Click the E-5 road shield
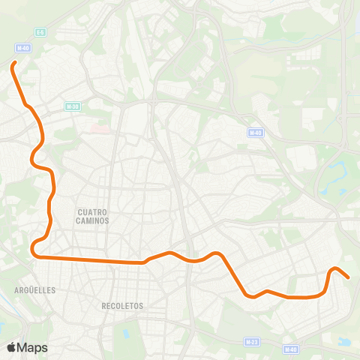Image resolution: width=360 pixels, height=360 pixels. point(40,32)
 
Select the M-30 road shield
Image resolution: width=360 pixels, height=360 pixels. point(72,106)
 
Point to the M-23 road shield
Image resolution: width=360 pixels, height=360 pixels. point(252,341)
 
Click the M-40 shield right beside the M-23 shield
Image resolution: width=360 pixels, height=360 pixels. point(291,349)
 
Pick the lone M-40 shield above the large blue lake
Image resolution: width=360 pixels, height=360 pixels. point(256,132)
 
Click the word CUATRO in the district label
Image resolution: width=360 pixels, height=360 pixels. point(93,212)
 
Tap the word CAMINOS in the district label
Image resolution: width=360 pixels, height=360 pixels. point(93,221)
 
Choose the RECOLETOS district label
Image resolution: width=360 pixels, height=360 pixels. point(121,306)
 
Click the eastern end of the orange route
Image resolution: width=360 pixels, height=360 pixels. point(348,277)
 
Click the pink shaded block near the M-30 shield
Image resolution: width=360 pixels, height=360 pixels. point(97,128)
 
